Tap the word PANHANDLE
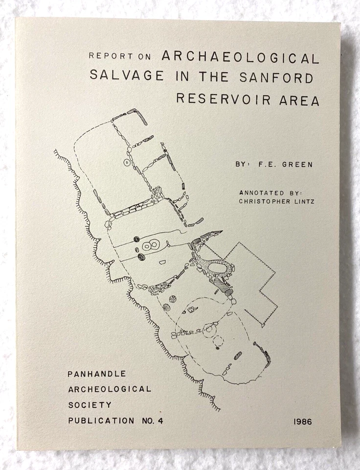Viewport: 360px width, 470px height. pos(97,374)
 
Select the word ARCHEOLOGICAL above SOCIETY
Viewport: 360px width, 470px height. pos(110,389)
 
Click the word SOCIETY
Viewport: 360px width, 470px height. pos(90,405)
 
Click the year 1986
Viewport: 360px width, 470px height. pos(305,421)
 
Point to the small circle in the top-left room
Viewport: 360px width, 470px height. pos(127,162)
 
